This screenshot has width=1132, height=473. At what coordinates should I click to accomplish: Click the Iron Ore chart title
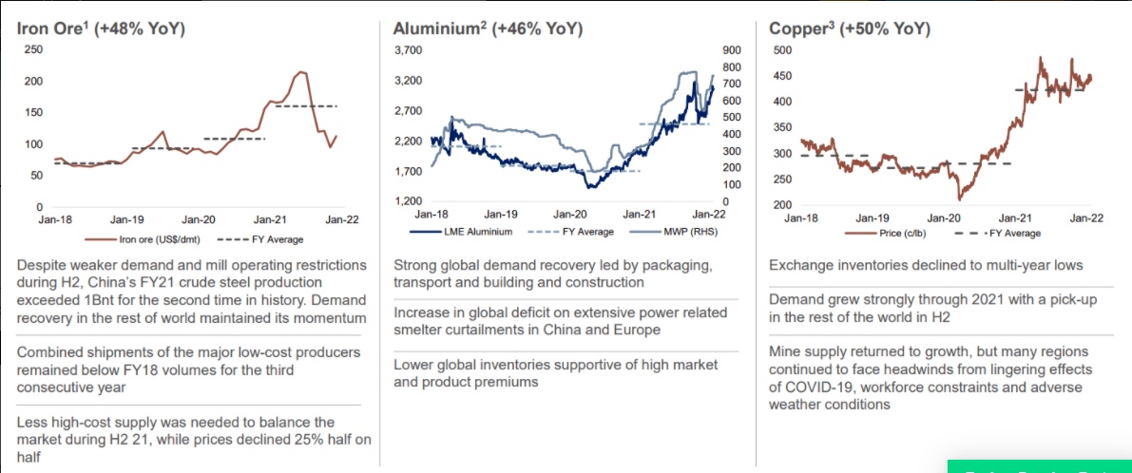tap(101, 28)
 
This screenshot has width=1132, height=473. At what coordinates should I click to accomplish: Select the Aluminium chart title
tap(488, 28)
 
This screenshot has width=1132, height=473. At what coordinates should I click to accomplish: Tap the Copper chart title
tap(848, 28)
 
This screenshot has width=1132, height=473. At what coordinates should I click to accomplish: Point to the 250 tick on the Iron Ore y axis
tap(32, 49)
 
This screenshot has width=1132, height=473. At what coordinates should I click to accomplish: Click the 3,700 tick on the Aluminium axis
tap(409, 49)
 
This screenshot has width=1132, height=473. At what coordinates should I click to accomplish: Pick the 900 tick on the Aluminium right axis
tap(733, 49)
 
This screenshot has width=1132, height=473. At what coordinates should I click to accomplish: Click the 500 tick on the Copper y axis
tap(781, 49)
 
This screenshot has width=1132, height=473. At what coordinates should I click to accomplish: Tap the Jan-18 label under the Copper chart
tap(800, 218)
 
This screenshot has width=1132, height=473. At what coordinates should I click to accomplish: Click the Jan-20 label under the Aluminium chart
tap(570, 216)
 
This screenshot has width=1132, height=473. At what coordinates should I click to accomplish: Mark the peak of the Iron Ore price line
tap(301, 71)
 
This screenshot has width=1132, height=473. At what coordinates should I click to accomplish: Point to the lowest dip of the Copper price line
tap(960, 199)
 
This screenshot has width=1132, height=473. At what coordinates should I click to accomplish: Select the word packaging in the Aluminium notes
tap(665, 264)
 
